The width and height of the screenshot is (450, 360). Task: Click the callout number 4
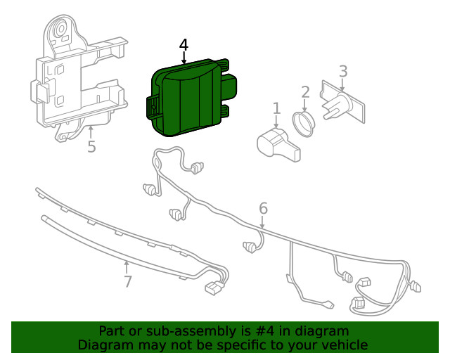[x=184, y=45]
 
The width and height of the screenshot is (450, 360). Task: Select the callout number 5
[x=91, y=147]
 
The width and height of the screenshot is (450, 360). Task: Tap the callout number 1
[x=276, y=108]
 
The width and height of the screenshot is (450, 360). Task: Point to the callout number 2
[x=305, y=92]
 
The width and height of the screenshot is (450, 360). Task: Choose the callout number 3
[x=343, y=71]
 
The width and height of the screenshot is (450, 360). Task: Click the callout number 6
[x=263, y=208]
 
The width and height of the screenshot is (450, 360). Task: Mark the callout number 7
[x=128, y=281]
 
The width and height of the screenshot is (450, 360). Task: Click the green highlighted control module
[x=191, y=98]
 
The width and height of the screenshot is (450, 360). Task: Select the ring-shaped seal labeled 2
[x=304, y=124]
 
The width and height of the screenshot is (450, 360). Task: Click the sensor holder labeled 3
[x=342, y=101]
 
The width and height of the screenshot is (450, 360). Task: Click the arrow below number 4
[x=184, y=58]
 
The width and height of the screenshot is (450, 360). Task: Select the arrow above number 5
[x=91, y=133]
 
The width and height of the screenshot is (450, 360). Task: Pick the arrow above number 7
[x=126, y=268]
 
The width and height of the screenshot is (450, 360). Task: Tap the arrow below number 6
[x=262, y=221]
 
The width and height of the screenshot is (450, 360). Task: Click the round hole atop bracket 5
[x=61, y=28]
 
